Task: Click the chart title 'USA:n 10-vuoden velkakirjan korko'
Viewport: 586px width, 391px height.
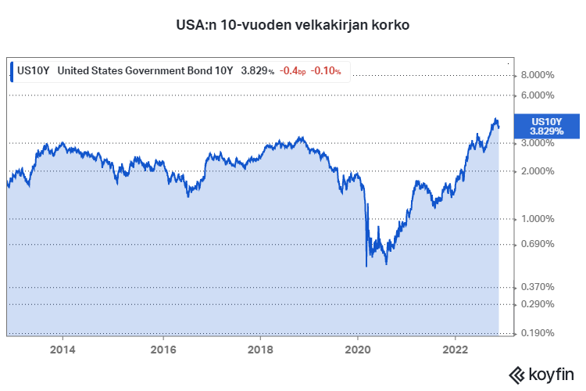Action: [293, 24]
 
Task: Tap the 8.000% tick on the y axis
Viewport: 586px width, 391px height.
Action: [538, 75]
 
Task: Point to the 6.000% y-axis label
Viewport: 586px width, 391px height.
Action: [538, 95]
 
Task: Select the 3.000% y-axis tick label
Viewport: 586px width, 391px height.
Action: [538, 143]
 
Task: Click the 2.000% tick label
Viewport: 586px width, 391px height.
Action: [538, 171]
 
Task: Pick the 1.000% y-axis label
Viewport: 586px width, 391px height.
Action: [538, 219]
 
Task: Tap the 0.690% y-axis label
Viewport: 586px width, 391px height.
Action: [538, 244]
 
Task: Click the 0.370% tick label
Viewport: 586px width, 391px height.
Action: [538, 288]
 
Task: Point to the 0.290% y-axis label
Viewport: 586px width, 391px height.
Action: [538, 304]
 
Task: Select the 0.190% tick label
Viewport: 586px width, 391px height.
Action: [538, 333]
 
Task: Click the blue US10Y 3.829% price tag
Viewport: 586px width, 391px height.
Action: [547, 126]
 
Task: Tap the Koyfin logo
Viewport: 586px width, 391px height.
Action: [541, 373]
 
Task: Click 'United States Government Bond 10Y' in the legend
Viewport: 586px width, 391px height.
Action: [145, 70]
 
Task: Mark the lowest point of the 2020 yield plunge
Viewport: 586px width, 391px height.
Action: [366, 267]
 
